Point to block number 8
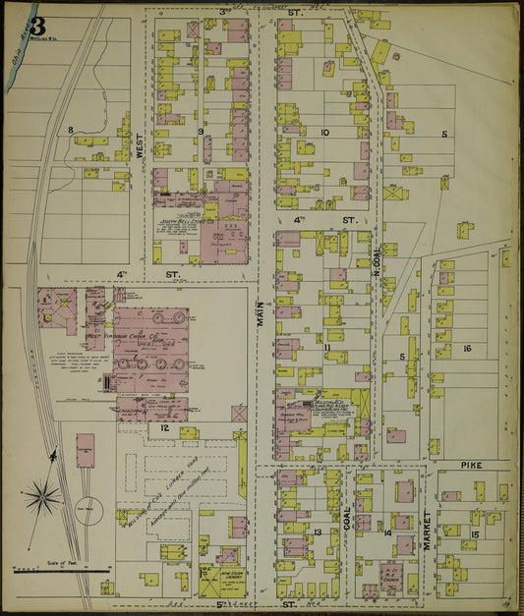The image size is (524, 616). [x=71, y=130]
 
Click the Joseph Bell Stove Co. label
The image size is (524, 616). [x=187, y=223]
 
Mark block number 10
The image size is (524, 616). [x=323, y=131]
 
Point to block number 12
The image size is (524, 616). [x=165, y=428]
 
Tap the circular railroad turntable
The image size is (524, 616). [x=88, y=508]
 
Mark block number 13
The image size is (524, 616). [x=319, y=532]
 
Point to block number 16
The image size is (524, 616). [x=467, y=349]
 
